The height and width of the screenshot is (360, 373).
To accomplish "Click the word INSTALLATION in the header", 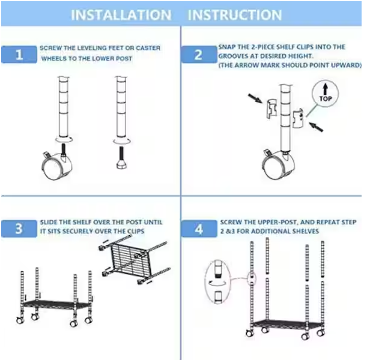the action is (x=121, y=15).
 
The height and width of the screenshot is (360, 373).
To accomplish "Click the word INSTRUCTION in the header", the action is (x=235, y=15).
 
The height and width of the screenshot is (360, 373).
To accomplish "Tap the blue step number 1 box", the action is (x=19, y=55).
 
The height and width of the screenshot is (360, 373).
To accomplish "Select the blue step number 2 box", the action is (x=199, y=55).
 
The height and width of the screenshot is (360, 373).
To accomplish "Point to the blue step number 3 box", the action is (x=19, y=229).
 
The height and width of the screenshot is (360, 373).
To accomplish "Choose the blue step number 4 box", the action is (x=199, y=229).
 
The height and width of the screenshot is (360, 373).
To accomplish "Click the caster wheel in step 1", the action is (x=56, y=165).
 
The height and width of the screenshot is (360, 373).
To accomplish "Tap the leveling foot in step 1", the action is (x=121, y=158).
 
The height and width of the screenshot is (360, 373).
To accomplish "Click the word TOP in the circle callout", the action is (x=325, y=98).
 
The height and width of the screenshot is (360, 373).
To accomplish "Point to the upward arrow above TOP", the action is (x=325, y=89).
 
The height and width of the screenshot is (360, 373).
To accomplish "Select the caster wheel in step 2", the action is (x=278, y=164).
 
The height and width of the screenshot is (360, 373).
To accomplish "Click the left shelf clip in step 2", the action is (x=271, y=109).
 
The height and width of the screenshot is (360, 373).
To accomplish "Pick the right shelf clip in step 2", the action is (x=298, y=118).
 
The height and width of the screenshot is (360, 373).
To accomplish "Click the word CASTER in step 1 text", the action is (x=148, y=48).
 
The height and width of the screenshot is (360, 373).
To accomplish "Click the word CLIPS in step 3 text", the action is (x=136, y=231).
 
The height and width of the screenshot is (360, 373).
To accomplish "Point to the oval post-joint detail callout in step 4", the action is (x=217, y=282).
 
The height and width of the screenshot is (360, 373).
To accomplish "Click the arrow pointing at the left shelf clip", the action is (x=255, y=98).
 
